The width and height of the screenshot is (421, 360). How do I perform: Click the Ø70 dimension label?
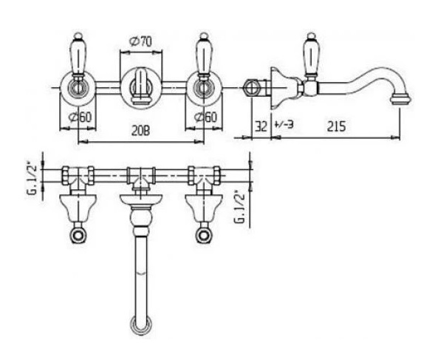coord(140,41)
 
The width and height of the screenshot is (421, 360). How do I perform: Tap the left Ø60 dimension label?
coord(80,118)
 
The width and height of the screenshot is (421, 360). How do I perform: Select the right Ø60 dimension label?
coord(205,118)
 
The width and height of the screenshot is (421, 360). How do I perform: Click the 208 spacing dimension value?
coord(140,131)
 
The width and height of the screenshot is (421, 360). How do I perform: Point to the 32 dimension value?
coord(261,126)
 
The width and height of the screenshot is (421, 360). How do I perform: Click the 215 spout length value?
coord(336,126)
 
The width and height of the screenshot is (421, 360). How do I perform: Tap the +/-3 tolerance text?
coord(284,124)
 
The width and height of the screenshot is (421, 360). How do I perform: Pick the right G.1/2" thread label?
coord(239,207)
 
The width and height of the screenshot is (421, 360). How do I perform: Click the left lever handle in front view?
coord(78,56)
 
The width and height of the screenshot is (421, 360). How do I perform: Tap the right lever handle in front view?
coord(204,56)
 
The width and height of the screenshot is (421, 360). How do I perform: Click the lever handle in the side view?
coord(312,56)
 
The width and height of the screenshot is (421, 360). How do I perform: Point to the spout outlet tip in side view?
coord(400,98)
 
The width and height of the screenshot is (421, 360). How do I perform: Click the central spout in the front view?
coord(141,86)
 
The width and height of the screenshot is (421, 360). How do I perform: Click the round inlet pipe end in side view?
coord(251,87)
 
